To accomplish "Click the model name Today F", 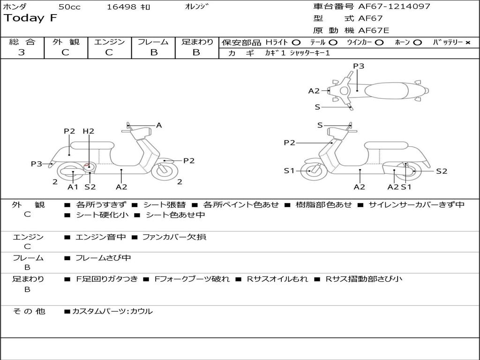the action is [31, 18].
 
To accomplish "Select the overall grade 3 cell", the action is [22, 52].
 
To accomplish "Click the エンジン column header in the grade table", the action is [110, 42].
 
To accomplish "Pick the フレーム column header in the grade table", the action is [153, 42].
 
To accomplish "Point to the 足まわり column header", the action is [197, 42].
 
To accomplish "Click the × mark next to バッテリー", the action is [467, 42].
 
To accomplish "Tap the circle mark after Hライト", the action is [296, 42].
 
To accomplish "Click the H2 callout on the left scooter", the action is [88, 131].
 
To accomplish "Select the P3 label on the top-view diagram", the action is [358, 66].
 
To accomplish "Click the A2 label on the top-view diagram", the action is [314, 91].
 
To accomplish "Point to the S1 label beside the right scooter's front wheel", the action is [289, 171].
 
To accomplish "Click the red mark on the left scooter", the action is [88, 165].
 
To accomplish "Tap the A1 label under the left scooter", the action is [73, 187].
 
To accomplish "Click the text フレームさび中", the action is [103, 258].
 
